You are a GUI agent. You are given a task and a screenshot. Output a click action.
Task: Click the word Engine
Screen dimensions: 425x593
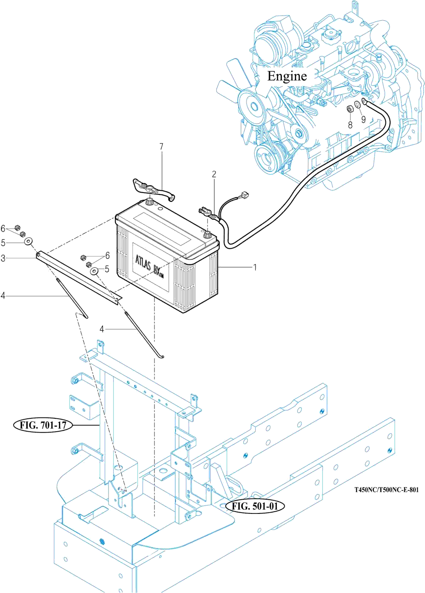tap(287, 76)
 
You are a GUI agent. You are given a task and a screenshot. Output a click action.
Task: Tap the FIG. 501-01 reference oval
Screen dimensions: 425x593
tap(255, 507)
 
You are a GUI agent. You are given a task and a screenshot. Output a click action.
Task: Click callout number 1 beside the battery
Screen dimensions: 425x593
tap(255, 268)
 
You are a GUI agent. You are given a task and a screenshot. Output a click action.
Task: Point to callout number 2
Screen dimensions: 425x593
tap(214, 174)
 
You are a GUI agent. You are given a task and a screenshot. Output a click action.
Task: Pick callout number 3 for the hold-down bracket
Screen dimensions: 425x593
tap(3, 258)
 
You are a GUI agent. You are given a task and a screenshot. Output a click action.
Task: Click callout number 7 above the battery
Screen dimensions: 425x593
tap(161, 146)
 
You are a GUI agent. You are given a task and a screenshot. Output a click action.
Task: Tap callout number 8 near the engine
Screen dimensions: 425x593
tap(350, 125)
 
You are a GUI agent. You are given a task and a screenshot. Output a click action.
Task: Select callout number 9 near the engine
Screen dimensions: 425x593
tap(363, 120)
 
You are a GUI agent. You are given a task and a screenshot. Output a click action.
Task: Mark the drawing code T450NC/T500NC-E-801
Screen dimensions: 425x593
tap(386, 490)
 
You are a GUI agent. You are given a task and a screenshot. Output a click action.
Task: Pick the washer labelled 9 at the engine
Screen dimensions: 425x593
tap(357, 104)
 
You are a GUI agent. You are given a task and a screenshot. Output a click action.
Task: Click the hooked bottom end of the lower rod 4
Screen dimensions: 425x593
tap(162, 357)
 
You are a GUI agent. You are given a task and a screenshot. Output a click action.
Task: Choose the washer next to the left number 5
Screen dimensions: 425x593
tap(28, 241)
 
